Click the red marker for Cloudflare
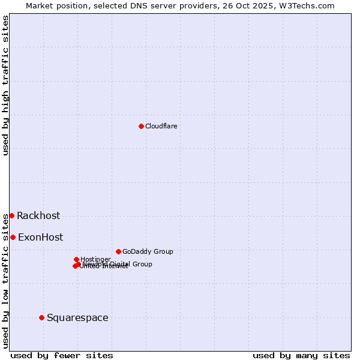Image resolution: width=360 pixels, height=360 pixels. coord(141,126)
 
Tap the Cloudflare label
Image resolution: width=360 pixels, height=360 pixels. coord(161,126)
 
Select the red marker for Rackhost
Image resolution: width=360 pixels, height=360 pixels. coord(11,215)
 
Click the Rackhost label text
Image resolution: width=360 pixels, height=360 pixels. coord(38,216)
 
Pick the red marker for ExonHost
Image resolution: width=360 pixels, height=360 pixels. coord(13,237)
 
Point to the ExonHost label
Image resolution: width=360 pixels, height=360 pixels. coord(40,238)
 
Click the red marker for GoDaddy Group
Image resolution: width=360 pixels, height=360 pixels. coord(118,251)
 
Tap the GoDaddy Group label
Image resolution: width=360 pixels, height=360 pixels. coord(147,251)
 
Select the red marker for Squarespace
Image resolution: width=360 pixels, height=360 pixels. coord(41,317)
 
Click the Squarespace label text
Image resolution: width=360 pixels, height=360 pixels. coord(77,318)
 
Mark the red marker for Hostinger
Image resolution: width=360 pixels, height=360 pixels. coord(76,259)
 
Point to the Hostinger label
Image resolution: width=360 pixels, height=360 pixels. coord(95,259)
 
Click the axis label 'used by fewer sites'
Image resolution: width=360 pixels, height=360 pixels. coord(62,355)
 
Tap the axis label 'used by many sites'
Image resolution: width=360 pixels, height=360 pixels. coord(301,355)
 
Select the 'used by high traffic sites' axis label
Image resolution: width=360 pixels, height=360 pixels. coord(6,85)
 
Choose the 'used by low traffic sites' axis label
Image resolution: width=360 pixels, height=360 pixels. coord(6,280)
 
